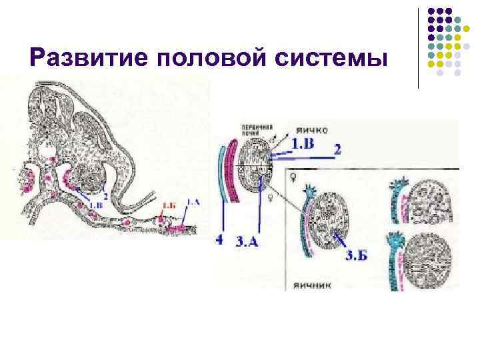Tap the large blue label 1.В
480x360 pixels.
tap(303, 143)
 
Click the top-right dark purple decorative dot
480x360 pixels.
tap(465, 11)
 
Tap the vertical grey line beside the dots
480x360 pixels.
tap(419, 47)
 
